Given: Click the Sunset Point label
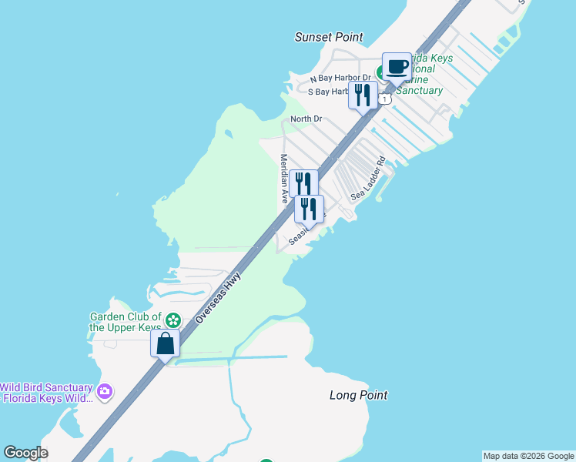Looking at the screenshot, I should click(329, 37).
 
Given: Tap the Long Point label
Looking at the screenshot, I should click(358, 395).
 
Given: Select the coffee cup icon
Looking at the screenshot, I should click(397, 68).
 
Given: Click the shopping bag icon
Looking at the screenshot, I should click(166, 343).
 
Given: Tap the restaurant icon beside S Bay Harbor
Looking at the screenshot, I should click(363, 95).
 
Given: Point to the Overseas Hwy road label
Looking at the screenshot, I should click(218, 296).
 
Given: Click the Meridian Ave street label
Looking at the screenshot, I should click(283, 178).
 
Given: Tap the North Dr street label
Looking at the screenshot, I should click(306, 119).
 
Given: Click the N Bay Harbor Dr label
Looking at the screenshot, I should click(340, 79).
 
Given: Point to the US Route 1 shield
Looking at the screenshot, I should click(385, 99).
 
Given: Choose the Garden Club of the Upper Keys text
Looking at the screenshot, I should click(126, 322).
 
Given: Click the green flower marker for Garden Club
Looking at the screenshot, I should click(173, 320).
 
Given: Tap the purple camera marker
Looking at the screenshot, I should click(105, 392).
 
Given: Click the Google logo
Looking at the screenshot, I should click(25, 453).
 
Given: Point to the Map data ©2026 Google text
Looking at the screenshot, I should click(528, 456).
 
